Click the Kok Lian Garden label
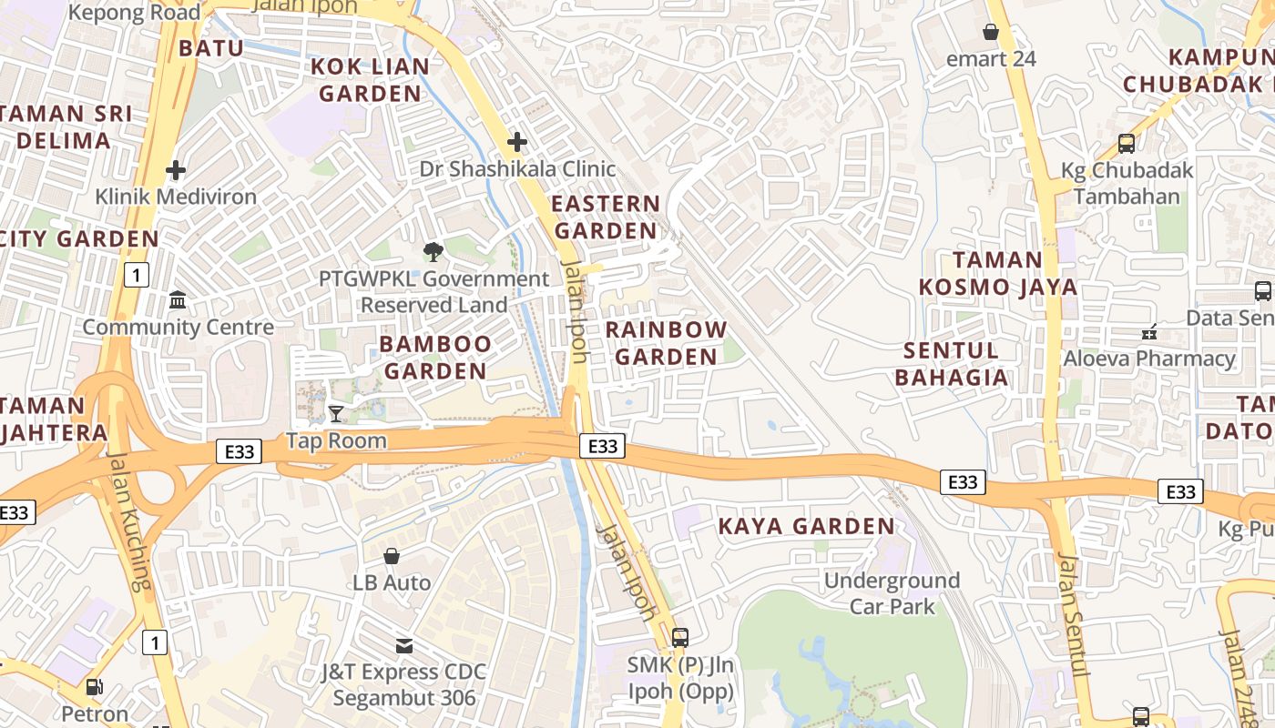[370, 80]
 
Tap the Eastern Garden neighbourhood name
[606, 217]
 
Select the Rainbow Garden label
[666, 343]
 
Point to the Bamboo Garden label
[435, 357]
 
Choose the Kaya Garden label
[806, 526]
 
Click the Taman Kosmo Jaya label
[998, 273]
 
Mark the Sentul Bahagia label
[952, 363]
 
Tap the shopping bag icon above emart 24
[991, 33]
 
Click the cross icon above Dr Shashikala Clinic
[517, 142]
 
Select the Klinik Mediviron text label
[176, 197]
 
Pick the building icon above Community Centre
[178, 300]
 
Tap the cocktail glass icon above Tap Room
[336, 414]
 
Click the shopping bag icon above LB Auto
[392, 556]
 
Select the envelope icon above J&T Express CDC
[403, 646]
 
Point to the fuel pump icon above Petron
[94, 688]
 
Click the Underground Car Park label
[892, 593]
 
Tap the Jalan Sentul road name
[1072, 615]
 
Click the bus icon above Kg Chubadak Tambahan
[1127, 144]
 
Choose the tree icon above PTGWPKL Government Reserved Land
[433, 252]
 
